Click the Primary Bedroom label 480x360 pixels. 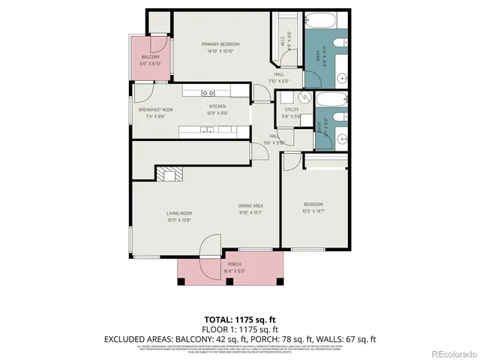coord(218,44)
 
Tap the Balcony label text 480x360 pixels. coord(151,57)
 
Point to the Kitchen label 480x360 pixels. coord(217,106)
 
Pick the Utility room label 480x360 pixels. coord(291,109)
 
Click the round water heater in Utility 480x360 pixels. coord(305,97)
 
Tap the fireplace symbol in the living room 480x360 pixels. coord(167,175)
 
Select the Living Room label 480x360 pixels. coord(179,214)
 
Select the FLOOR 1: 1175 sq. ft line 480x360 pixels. coord(240,329)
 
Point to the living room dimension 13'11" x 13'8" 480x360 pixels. coord(179,220)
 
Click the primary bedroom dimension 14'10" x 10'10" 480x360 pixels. coord(218,51)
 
